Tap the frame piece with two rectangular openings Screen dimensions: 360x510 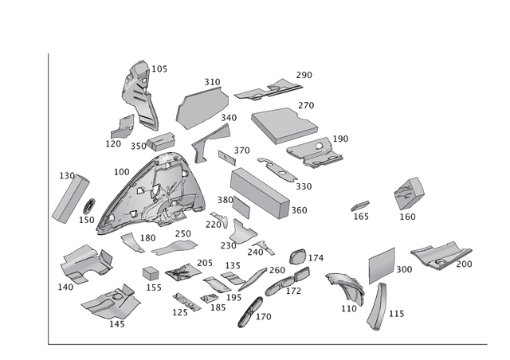pyautogui.click(x=183, y=273)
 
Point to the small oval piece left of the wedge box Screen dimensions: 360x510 pyautogui.click(x=360, y=205)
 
